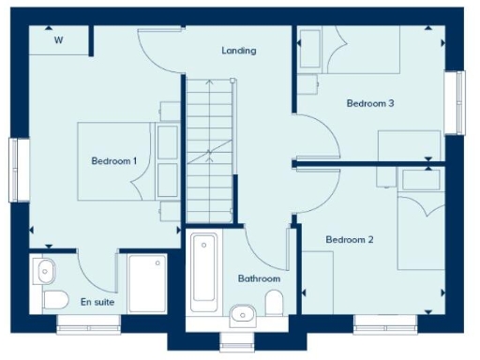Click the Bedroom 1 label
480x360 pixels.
tap(114, 161)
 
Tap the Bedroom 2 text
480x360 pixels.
tap(350, 240)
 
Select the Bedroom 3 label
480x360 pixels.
tap(369, 103)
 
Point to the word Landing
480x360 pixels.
tap(239, 50)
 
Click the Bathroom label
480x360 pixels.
tap(259, 278)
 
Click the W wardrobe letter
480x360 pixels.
tap(58, 40)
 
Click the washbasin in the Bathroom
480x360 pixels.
tap(241, 313)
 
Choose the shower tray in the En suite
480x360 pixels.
tap(147, 282)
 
